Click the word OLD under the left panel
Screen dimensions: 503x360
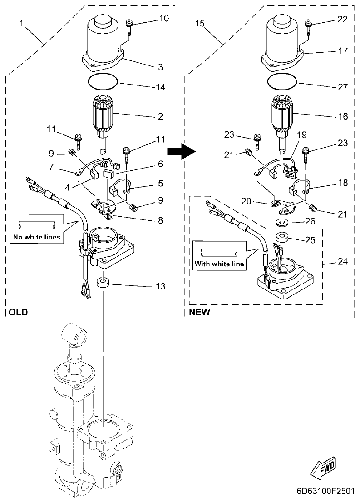pos(18,312)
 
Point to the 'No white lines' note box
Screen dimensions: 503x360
pos(36,229)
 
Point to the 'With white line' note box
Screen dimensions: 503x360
pos(218,256)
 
